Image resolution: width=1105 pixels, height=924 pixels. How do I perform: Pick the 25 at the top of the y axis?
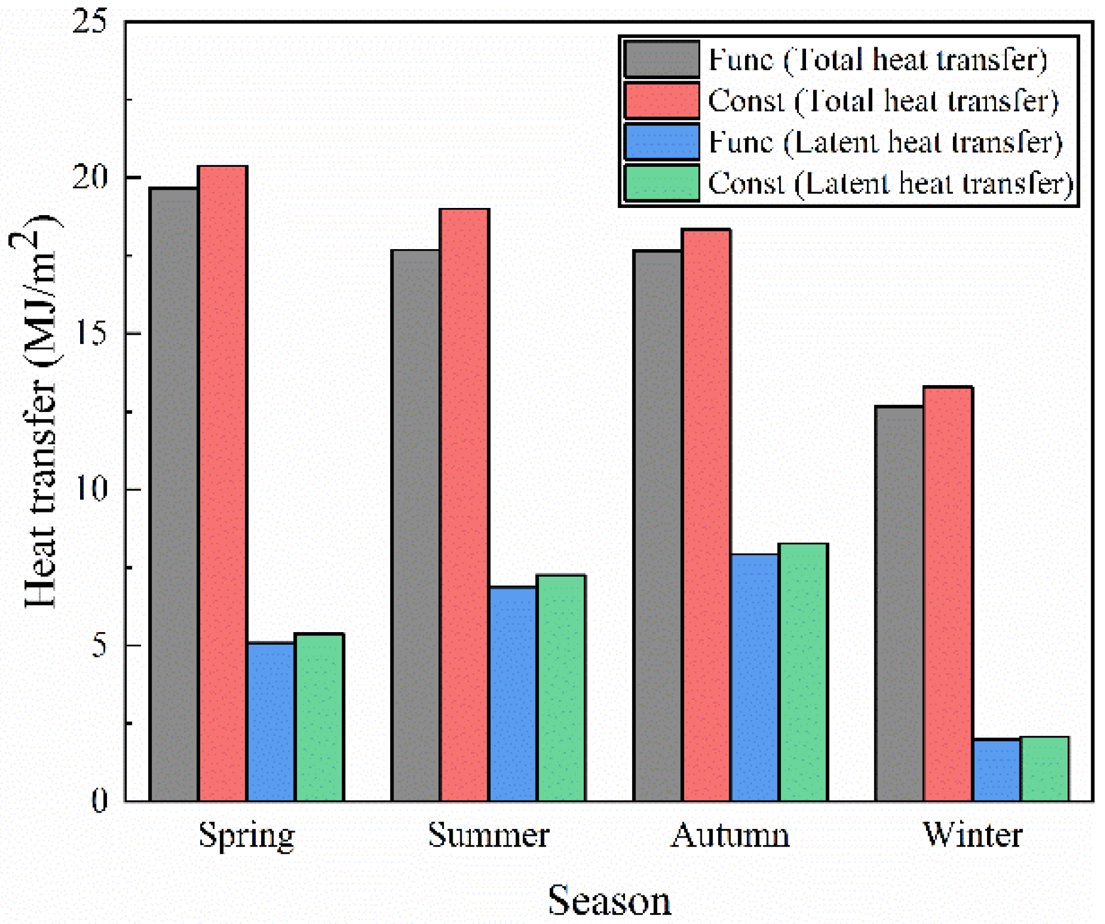point(91,22)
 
